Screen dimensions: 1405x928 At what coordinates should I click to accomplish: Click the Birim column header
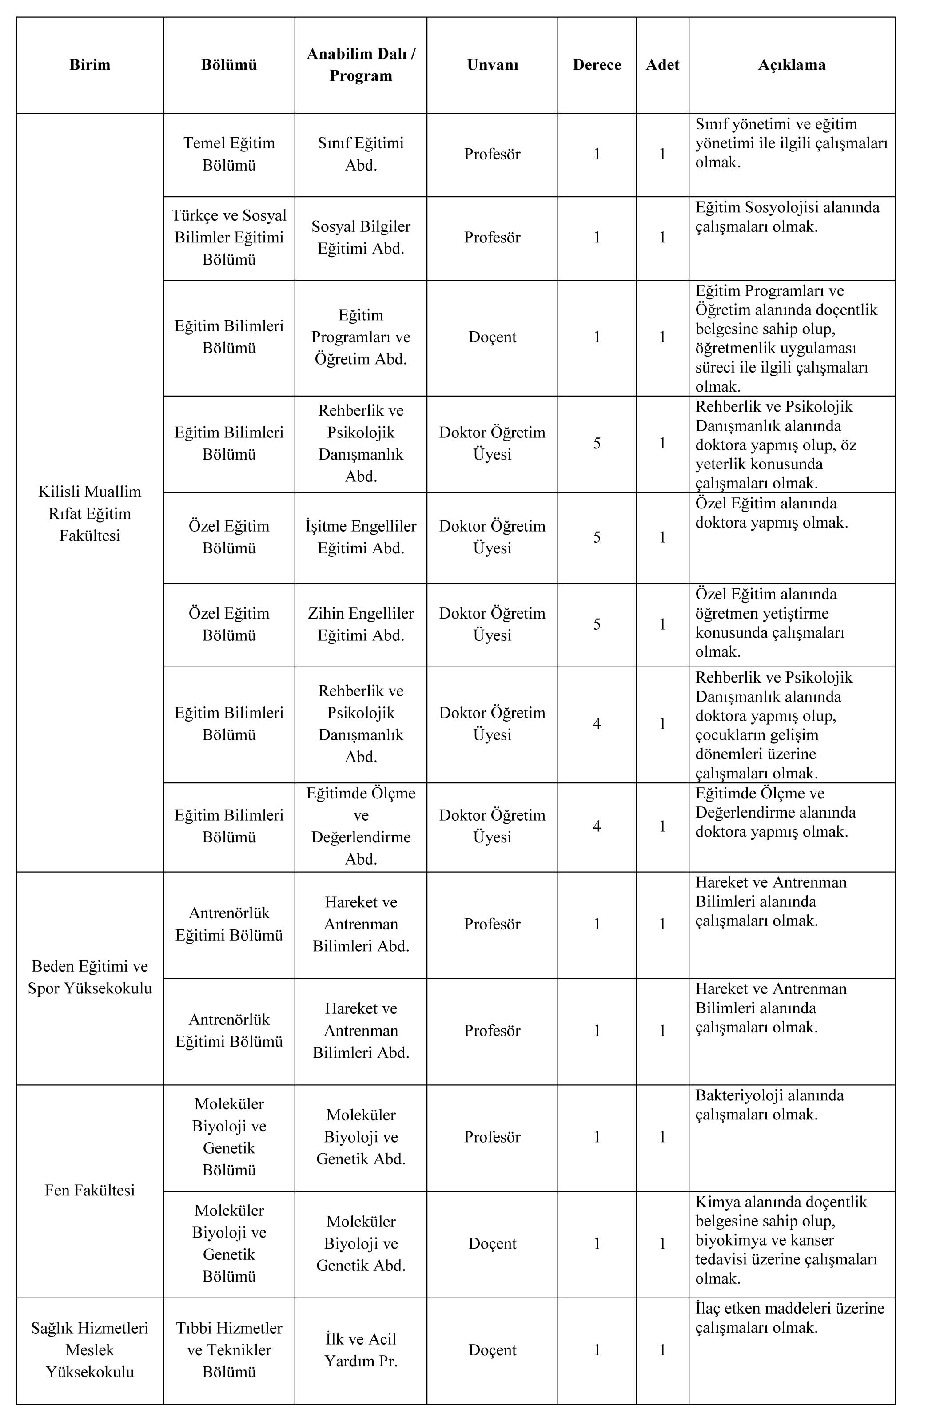coord(90,64)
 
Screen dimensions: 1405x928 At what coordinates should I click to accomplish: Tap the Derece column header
coord(597,64)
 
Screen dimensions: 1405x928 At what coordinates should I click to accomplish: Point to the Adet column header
coord(662,64)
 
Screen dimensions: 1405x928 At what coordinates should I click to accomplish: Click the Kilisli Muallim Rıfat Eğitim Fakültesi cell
coord(90,513)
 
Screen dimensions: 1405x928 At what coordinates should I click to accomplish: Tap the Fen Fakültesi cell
coord(90,1190)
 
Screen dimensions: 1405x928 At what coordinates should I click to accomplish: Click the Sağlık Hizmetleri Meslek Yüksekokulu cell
coord(90,1349)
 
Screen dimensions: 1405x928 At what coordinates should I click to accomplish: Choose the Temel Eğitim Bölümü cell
coord(229,154)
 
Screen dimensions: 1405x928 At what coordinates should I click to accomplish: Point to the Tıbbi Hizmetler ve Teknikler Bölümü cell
coord(229,1349)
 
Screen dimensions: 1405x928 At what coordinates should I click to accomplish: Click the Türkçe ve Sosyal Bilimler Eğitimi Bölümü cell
coord(229,237)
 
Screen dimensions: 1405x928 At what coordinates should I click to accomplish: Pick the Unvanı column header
coord(492,64)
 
